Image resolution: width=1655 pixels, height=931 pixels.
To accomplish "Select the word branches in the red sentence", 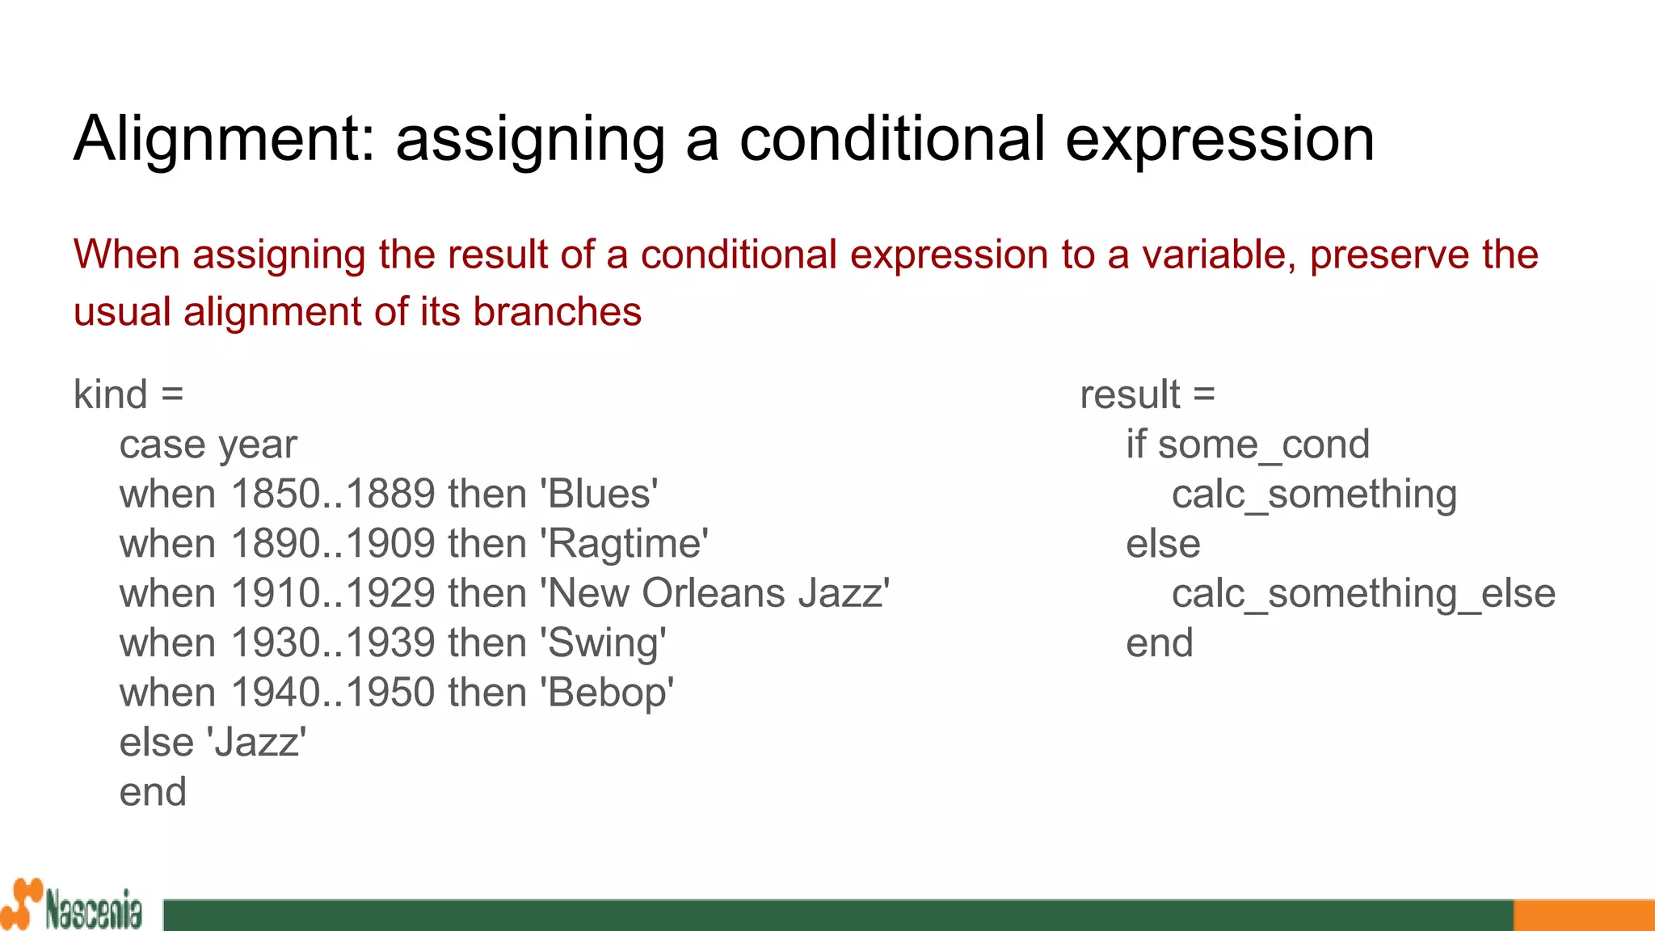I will pyautogui.click(x=557, y=312).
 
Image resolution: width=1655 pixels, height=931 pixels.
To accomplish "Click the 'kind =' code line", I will pyautogui.click(x=128, y=394).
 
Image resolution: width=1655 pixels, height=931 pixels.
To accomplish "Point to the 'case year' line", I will pyautogui.click(x=208, y=444).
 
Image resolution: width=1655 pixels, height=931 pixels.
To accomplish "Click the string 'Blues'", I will pyautogui.click(x=599, y=494).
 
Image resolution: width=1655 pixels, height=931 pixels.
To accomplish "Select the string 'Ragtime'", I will pyautogui.click(x=624, y=544).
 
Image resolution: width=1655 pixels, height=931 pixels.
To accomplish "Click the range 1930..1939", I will pyautogui.click(x=333, y=643).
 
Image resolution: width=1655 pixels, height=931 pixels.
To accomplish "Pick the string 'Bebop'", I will pyautogui.click(x=606, y=693).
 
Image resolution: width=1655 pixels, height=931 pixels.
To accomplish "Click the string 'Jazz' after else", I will pyautogui.click(x=257, y=742).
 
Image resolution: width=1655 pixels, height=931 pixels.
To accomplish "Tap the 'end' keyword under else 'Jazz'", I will pyautogui.click(x=153, y=792).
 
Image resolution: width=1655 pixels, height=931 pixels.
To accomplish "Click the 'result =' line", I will pyautogui.click(x=1148, y=394).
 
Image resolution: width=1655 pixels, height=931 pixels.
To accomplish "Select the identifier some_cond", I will pyautogui.click(x=1263, y=444).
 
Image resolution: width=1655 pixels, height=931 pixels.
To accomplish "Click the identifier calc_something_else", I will pyautogui.click(x=1363, y=593).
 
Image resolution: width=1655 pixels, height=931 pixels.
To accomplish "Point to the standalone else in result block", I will pyautogui.click(x=1163, y=544).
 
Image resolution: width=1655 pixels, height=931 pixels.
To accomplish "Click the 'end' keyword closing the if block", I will pyautogui.click(x=1160, y=643).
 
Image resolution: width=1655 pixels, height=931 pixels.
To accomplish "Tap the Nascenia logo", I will pyautogui.click(x=73, y=905).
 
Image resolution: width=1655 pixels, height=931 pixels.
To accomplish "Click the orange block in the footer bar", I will pyautogui.click(x=1583, y=915).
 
